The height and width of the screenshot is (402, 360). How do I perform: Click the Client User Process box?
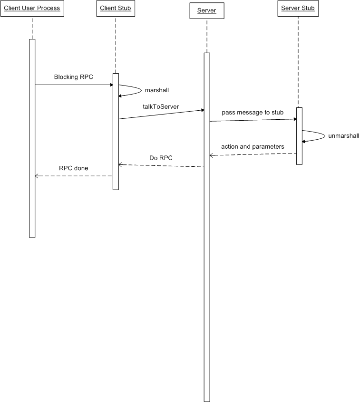[x=32, y=9]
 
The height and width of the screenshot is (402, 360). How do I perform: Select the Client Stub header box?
[x=115, y=9]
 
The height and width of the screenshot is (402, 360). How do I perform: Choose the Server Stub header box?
[x=298, y=9]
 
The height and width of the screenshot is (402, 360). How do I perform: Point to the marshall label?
[x=157, y=89]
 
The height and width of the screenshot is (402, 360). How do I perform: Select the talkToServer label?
[x=161, y=107]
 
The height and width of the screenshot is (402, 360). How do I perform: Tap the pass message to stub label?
[x=253, y=112]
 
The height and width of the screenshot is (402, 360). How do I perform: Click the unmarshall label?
[x=344, y=136]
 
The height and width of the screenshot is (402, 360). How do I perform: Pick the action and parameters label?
[x=253, y=146]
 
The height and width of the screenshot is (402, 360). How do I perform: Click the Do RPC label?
[x=161, y=157]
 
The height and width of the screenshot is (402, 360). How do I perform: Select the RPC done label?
[x=73, y=168]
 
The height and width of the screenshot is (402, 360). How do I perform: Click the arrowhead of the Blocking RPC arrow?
[x=111, y=85]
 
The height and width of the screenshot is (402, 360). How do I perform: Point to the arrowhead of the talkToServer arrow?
[x=202, y=110]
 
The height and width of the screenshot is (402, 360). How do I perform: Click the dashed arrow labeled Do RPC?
[x=162, y=166]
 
